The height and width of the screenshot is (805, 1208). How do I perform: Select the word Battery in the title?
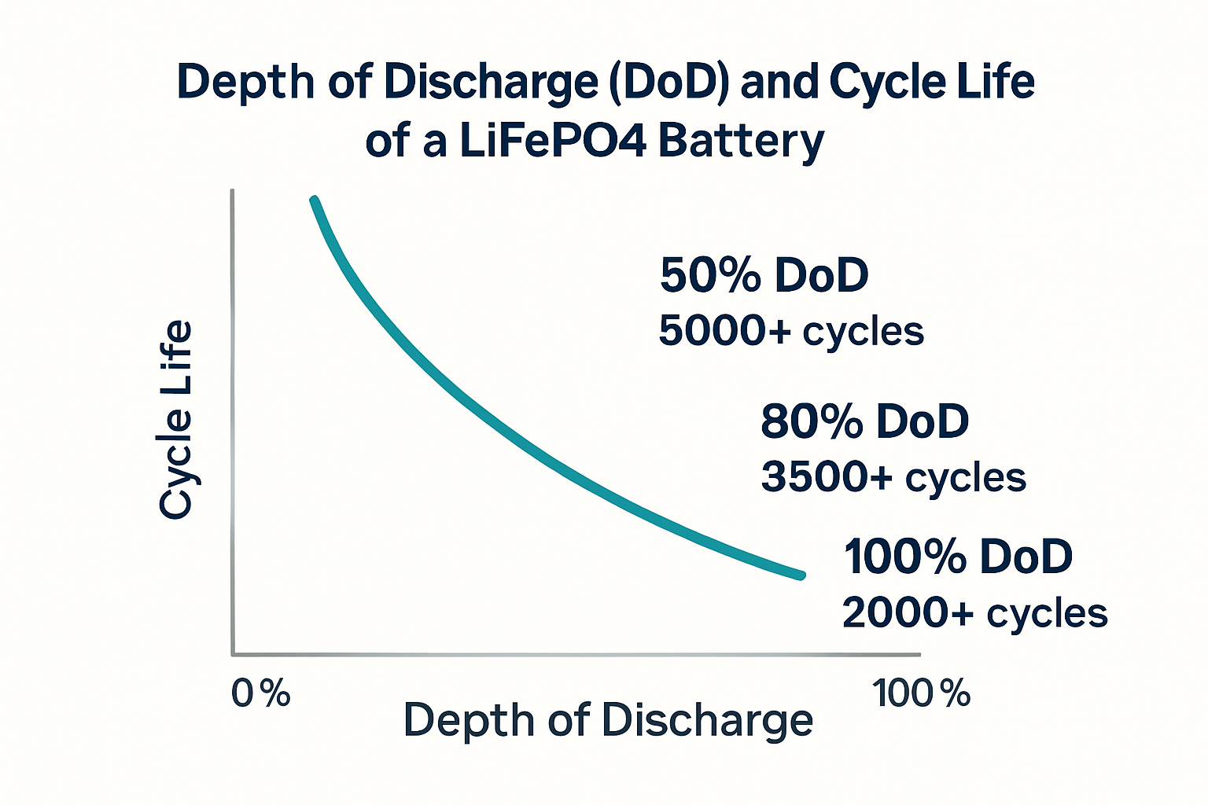(741, 142)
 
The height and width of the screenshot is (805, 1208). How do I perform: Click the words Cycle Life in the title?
(932, 82)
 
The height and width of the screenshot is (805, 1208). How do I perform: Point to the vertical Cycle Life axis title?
(175, 419)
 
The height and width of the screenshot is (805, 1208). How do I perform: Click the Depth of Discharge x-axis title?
(607, 720)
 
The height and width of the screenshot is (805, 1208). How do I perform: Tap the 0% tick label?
(260, 693)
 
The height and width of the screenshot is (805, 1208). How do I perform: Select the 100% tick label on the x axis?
(921, 693)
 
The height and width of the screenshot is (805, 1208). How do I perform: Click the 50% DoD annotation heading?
(764, 275)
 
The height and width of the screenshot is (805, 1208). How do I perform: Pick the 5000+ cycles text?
(790, 331)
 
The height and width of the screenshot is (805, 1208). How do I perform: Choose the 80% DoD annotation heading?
(864, 421)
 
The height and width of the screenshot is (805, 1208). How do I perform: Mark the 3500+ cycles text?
(893, 477)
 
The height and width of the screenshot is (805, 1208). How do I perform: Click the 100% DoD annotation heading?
(958, 557)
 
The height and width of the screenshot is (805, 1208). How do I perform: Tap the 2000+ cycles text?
(974, 612)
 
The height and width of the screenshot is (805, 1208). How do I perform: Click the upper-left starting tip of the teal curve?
(314, 200)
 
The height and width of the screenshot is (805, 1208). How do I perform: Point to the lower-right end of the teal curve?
(801, 575)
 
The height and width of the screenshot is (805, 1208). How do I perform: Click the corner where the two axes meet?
(233, 653)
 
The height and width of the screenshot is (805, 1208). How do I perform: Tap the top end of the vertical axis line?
(232, 192)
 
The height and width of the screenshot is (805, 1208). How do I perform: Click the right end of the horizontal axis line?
(919, 654)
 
